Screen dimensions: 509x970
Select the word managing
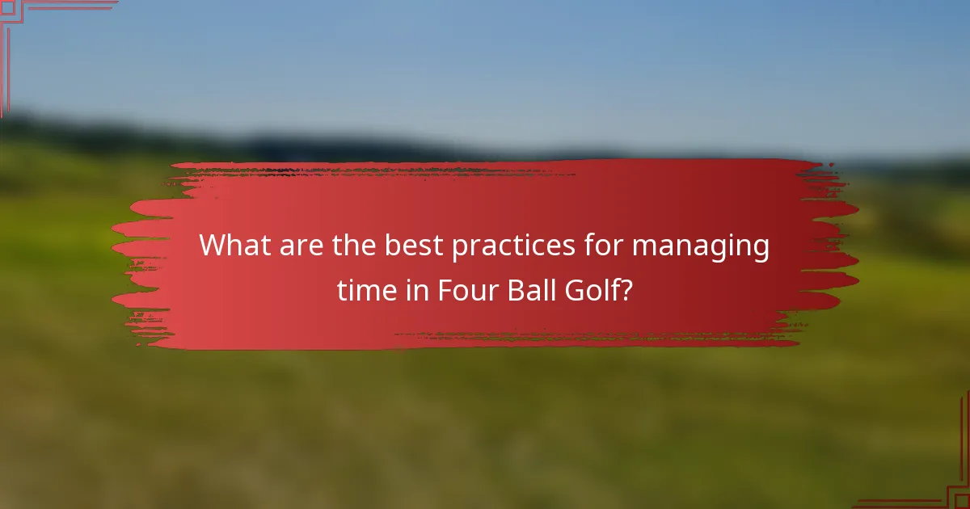click(700, 246)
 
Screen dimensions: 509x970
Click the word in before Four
click(418, 290)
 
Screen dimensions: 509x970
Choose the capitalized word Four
click(468, 290)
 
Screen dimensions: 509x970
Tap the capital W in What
click(213, 245)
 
